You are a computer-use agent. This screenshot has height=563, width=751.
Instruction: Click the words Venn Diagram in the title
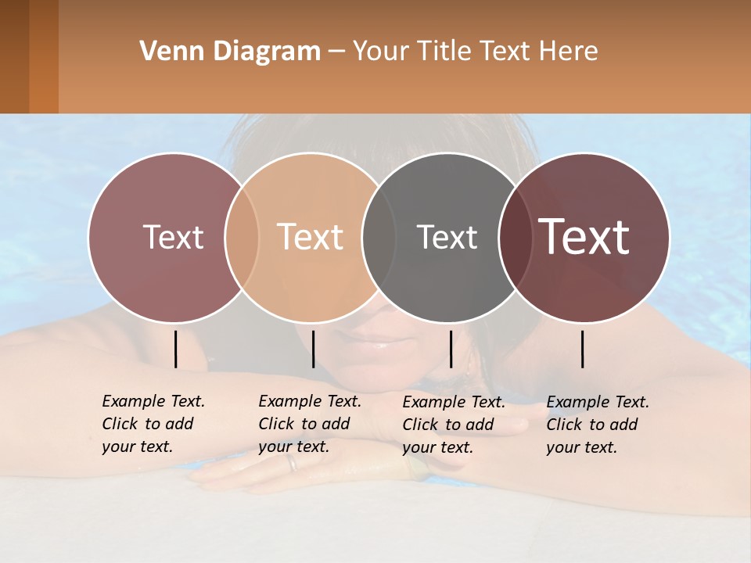(x=230, y=52)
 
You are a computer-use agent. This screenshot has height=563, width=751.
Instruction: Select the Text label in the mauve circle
(x=173, y=237)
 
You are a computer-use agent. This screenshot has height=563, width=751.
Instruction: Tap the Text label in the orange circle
(x=311, y=237)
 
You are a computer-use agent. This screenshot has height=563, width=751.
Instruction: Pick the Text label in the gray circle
(x=447, y=237)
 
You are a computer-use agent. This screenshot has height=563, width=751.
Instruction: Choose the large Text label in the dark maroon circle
(x=584, y=237)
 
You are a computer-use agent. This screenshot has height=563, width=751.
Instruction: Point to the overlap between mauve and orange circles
(x=242, y=237)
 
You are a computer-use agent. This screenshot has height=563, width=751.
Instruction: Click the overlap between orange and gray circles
(x=379, y=237)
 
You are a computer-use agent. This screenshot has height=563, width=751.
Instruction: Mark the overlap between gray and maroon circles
(x=516, y=237)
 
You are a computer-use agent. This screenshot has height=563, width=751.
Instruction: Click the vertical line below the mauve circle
(x=175, y=349)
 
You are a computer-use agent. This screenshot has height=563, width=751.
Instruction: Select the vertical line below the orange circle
(x=313, y=349)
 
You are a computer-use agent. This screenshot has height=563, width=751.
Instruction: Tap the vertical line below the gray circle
(x=451, y=349)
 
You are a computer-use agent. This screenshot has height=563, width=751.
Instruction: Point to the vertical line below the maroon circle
(x=583, y=349)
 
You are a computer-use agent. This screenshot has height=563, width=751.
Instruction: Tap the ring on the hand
(x=292, y=463)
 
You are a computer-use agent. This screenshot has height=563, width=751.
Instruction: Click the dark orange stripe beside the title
(x=43, y=56)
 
